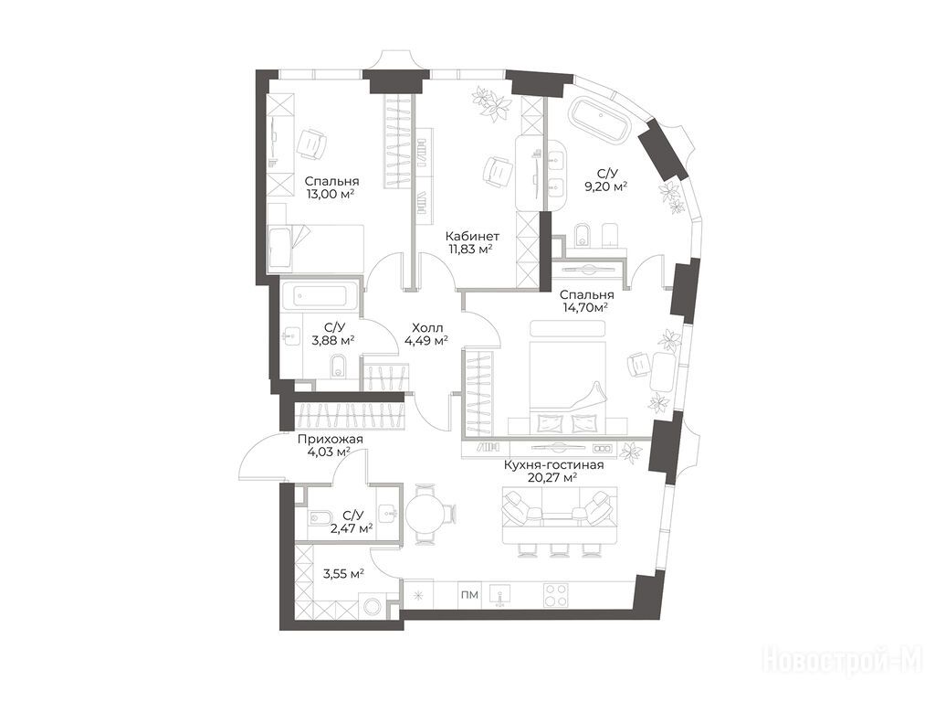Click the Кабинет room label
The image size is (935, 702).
click(474, 236)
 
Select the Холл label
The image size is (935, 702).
click(427, 327)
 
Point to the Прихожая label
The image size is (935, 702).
click(331, 440)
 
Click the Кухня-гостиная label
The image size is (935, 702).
click(554, 464)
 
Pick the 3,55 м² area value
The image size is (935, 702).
click(343, 574)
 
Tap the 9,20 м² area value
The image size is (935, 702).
click(606, 186)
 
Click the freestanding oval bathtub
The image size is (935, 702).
click(602, 120)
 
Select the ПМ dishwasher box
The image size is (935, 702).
click(470, 595)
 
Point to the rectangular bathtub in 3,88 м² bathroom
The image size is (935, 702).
click(320, 296)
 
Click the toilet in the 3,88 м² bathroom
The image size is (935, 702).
click(338, 366)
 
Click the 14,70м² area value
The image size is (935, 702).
click(585, 307)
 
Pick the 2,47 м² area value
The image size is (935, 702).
click(352, 527)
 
